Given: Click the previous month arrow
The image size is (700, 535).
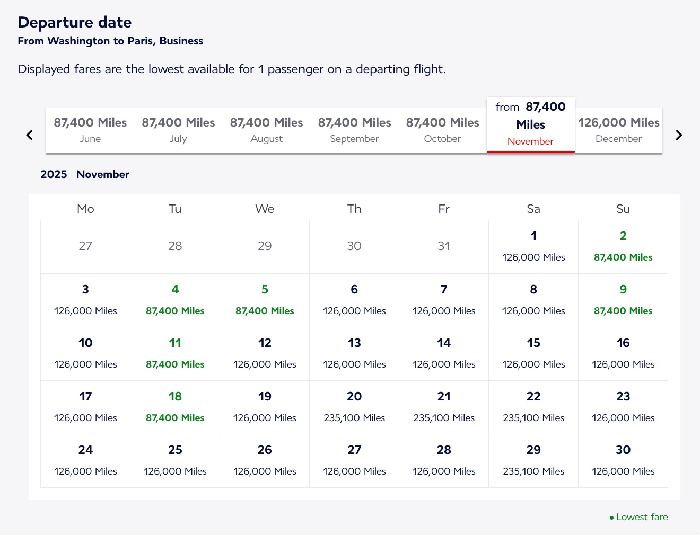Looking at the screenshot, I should [30, 135].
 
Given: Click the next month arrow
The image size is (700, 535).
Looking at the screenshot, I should [679, 135].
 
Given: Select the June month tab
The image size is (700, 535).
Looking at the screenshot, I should [90, 130].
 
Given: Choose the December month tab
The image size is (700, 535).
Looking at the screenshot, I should [618, 130].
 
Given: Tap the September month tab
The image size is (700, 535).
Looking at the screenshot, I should [354, 130].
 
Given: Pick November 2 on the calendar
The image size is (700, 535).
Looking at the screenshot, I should [623, 246].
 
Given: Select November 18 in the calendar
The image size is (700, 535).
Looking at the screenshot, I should [175, 406].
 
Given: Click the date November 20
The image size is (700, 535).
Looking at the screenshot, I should [354, 406].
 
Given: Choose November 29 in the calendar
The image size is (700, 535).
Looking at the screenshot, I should [533, 460].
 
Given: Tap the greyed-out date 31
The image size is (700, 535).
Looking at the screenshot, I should [444, 246].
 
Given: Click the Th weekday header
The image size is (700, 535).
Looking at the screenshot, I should [354, 209].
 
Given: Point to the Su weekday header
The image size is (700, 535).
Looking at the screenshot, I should [623, 209].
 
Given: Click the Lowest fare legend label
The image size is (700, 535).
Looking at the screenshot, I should [642, 517].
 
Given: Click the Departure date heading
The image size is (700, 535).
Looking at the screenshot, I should [75, 22].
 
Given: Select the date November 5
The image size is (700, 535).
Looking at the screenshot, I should [265, 299].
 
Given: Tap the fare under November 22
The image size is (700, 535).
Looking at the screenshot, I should [533, 418].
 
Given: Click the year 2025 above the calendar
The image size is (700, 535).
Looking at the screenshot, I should [54, 174].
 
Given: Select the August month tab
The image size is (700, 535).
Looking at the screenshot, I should [266, 130].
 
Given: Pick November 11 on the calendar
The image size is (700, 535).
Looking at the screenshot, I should [175, 353].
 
